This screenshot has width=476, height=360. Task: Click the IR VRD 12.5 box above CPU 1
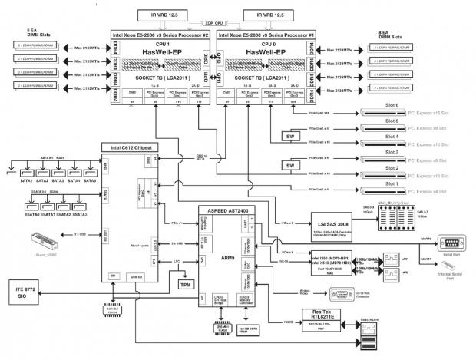coord(162,15)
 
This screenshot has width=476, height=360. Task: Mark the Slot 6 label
coord(392,104)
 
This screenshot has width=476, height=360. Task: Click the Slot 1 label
coord(392,183)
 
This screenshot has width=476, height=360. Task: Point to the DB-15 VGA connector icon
coord(337,292)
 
